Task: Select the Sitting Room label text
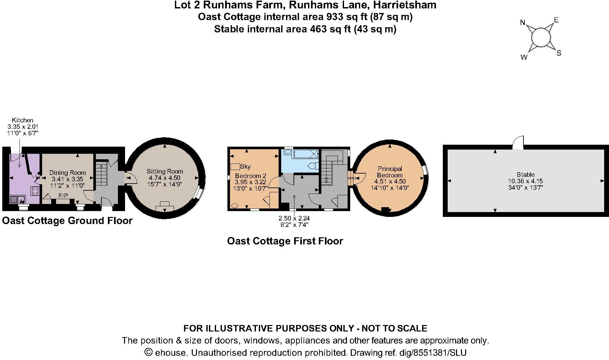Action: [x=165, y=171]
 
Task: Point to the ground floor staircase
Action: [x=101, y=174]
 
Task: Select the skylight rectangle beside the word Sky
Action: [x=235, y=167]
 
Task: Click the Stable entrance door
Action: [x=518, y=142]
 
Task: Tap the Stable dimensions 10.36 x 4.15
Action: [x=525, y=181]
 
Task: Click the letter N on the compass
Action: [x=522, y=22]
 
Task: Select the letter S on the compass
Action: [x=559, y=53]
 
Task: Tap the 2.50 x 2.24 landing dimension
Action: [x=294, y=218]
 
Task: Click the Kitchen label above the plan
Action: [x=23, y=120]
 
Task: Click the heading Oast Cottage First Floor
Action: [x=285, y=241]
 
